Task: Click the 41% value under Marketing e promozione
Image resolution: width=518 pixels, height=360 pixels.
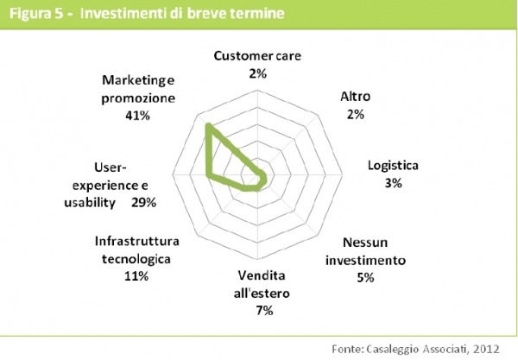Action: point(137,116)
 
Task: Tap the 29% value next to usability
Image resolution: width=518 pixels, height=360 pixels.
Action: point(143,203)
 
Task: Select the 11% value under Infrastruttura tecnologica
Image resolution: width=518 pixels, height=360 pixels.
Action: point(136,276)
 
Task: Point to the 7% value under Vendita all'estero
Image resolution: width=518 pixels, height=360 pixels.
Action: point(264,311)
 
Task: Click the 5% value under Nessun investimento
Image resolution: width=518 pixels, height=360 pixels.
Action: point(365,277)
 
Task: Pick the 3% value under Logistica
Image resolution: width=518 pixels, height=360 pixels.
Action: point(393,183)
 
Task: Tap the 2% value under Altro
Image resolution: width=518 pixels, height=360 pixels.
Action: point(356,115)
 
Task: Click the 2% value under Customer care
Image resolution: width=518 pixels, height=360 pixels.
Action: point(257,73)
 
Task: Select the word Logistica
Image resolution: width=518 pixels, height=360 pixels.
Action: point(393,166)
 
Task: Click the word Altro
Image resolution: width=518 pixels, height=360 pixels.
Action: point(356,97)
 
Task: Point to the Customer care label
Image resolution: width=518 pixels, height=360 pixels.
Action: point(257,55)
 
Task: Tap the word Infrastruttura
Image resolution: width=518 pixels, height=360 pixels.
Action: point(136,241)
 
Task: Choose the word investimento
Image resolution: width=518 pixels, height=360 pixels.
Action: point(365,260)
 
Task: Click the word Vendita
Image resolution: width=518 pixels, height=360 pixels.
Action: point(262,275)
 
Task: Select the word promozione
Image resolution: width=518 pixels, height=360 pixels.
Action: point(138,98)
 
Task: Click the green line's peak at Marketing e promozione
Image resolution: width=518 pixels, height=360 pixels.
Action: point(208,125)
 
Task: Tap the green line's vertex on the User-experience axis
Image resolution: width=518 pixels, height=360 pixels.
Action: point(208,175)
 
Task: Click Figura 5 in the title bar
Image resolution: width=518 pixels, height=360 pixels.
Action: point(36,14)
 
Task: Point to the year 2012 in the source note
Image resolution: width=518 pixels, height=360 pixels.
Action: point(486,349)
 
